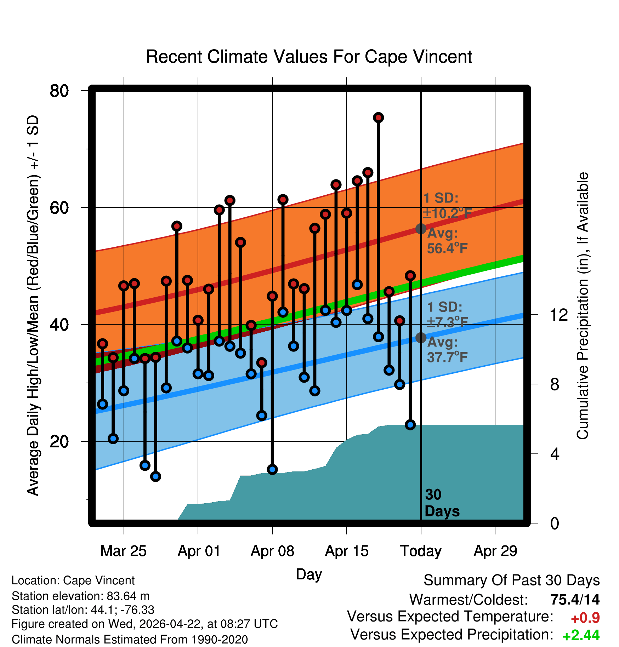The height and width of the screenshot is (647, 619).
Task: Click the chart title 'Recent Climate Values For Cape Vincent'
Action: click(309, 57)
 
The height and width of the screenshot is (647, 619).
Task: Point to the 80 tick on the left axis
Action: click(59, 91)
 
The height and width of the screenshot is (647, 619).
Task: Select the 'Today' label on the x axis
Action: click(421, 551)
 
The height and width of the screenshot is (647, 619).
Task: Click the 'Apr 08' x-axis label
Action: click(272, 551)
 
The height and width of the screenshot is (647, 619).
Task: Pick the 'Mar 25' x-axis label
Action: click(123, 551)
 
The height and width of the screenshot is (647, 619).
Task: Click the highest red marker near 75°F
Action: click(379, 118)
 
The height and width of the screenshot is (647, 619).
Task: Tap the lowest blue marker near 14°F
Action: click(155, 476)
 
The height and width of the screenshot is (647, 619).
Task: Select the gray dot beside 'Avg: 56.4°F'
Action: click(421, 229)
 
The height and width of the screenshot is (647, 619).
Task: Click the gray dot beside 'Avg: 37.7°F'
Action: click(421, 338)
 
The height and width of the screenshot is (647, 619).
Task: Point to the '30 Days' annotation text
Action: click(442, 503)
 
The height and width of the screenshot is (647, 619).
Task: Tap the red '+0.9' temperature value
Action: click(585, 618)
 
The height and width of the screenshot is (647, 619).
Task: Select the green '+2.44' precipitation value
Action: click(581, 635)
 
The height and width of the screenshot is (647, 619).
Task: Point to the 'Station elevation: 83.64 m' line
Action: click(81, 596)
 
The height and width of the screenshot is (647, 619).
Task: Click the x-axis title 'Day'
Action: click(309, 574)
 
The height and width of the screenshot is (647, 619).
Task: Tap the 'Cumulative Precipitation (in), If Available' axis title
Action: click(583, 306)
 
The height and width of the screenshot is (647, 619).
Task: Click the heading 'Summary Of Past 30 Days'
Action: click(512, 580)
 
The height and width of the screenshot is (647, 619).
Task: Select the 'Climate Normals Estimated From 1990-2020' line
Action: click(130, 640)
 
